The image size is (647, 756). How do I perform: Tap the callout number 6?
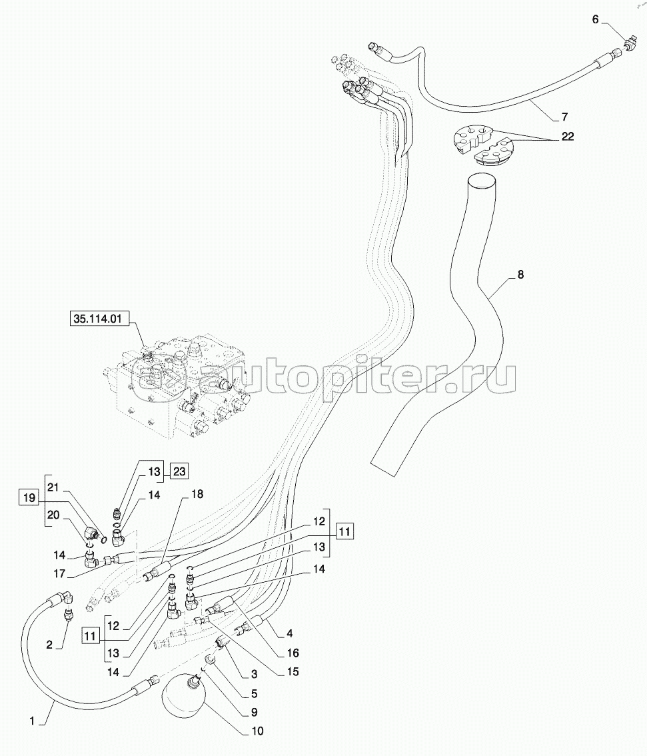(596, 19)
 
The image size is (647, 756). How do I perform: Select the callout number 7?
(564, 117)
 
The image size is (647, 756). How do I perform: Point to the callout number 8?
(520, 274)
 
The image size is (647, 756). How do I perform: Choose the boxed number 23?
(179, 471)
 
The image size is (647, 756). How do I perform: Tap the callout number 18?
(197, 494)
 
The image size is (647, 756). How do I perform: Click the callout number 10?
(257, 731)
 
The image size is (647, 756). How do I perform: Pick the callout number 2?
(49, 644)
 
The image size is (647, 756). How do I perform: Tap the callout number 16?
(294, 653)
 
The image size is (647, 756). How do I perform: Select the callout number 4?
(291, 633)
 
